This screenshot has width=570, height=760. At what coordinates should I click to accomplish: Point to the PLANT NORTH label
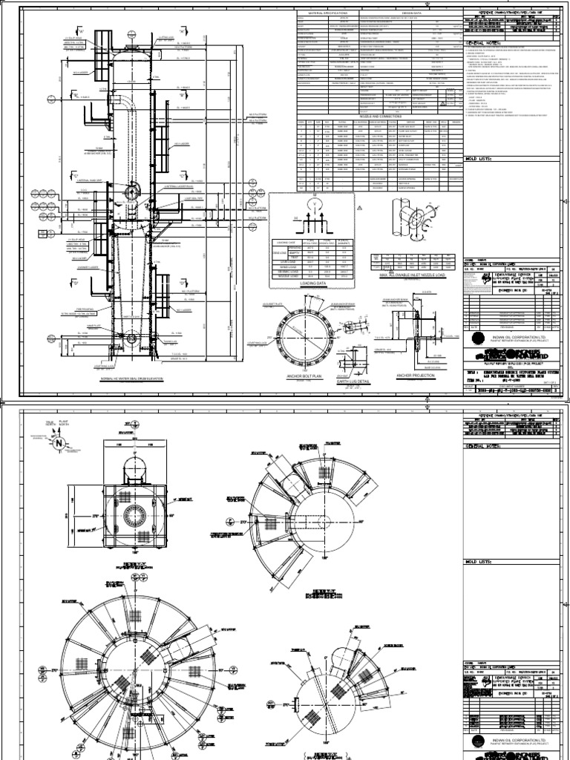(x=62, y=425)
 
